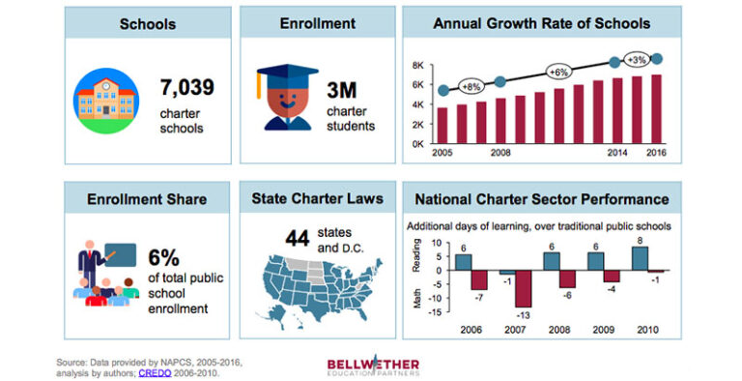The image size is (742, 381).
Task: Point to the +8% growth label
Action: pyautogui.click(x=471, y=85)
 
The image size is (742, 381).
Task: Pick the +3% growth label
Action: pyautogui.click(x=636, y=59)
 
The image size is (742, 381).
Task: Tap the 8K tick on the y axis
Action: pyautogui.click(x=420, y=66)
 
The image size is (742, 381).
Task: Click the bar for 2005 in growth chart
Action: pyautogui.click(x=442, y=125)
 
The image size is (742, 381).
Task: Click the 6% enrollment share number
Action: pyautogui.click(x=166, y=258)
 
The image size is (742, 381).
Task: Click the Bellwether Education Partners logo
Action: pyautogui.click(x=373, y=363)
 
